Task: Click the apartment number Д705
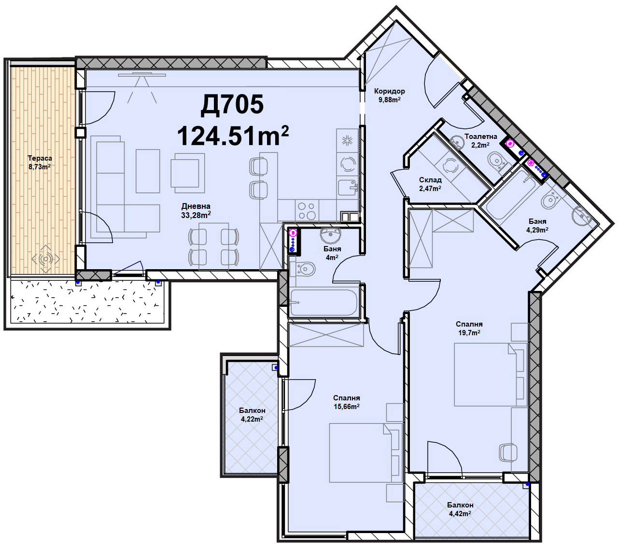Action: coord(232,105)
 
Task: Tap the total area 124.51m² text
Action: coord(232,136)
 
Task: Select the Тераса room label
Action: coord(40,158)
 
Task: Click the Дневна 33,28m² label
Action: coord(196,211)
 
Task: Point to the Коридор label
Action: coord(390,91)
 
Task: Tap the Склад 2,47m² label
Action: coord(430,184)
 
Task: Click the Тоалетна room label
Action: coord(481,137)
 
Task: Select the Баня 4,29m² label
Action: coord(537,226)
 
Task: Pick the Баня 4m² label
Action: coord(332,253)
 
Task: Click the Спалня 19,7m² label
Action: coord(469,328)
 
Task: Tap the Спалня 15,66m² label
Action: coord(347,402)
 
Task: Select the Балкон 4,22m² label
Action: coord(252,415)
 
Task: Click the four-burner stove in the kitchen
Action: coord(307,211)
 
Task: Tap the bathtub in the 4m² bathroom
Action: coord(323,302)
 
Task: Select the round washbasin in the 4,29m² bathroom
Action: coord(582,216)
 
